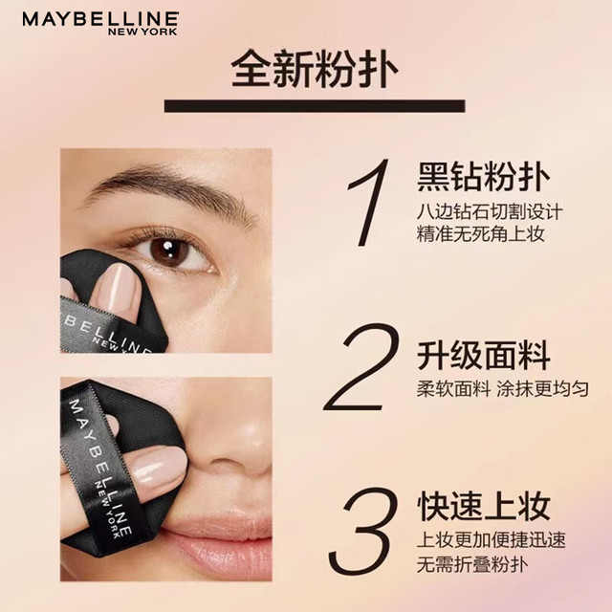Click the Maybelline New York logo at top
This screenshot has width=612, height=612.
pos(100,23)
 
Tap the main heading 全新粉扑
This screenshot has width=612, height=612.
pos(315,69)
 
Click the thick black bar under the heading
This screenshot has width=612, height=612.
pos(315,106)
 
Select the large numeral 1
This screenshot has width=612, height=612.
pos(368,203)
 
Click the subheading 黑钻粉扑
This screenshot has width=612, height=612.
pos(484,177)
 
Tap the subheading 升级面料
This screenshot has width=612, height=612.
pos(484,355)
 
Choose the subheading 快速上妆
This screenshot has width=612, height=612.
pos(484,506)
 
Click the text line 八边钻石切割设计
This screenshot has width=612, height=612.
pos(490,212)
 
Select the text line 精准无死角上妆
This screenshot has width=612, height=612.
pos(480,234)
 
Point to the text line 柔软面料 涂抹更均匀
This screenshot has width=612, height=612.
pos(503,389)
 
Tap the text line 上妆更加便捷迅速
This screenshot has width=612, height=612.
pos(491,539)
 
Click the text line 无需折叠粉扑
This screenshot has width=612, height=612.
pos(472,564)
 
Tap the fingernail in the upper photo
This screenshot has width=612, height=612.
pos(119,287)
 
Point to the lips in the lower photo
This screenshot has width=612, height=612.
pos(219,540)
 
